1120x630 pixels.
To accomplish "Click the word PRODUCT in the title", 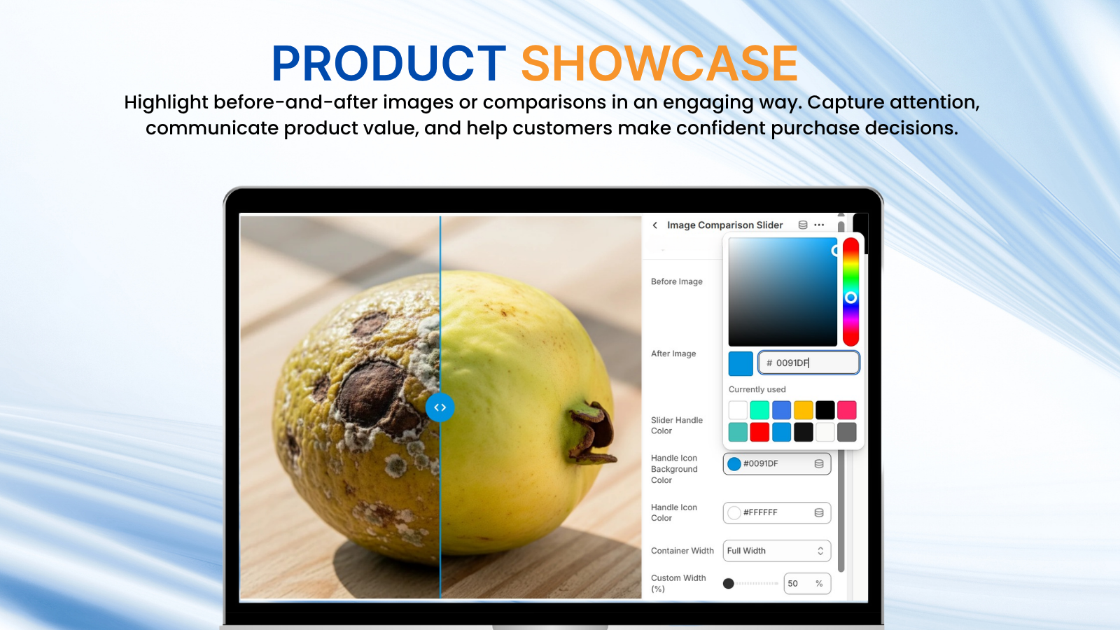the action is [388, 64].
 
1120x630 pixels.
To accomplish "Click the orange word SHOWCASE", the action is [659, 64].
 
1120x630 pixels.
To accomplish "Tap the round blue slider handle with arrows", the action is [440, 407].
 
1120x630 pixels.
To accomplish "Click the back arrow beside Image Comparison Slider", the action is [655, 225].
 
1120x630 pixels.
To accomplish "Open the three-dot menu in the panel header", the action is [819, 225].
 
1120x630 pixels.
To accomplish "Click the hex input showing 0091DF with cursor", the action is [809, 363].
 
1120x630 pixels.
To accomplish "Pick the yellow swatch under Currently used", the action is [804, 410].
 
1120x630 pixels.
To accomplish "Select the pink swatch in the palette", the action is [847, 410].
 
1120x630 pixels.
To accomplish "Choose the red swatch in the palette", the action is [759, 432].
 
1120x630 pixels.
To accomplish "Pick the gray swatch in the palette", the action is [847, 432].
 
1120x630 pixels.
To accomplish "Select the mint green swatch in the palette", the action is [759, 410].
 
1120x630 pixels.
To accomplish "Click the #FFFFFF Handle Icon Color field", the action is [777, 512].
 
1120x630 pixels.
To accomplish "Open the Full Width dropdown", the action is [777, 550].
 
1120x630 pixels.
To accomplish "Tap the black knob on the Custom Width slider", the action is [729, 584].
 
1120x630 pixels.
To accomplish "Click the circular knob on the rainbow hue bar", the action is [851, 298].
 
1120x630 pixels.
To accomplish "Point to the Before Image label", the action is [676, 281].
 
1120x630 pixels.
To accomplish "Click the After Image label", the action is [673, 353].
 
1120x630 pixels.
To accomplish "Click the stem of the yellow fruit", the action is [592, 431].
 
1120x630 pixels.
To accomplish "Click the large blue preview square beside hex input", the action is [741, 363].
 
